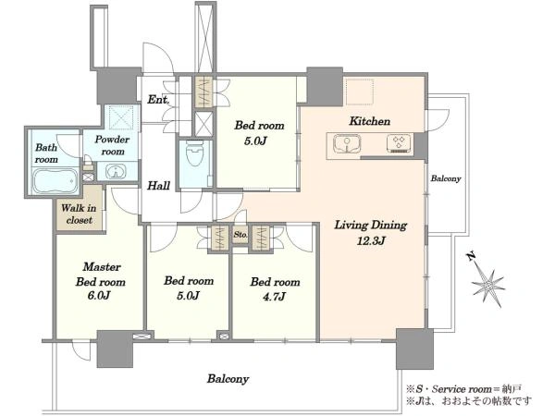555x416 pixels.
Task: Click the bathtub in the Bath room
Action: pyautogui.click(x=55, y=180)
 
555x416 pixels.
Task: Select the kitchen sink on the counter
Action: pyautogui.click(x=347, y=144)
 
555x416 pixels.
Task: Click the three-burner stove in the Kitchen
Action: pyautogui.click(x=400, y=143)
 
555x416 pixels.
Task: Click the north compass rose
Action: pyautogui.click(x=488, y=285)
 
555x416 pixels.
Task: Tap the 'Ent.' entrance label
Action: pyautogui.click(x=158, y=100)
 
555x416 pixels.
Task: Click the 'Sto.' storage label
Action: pyautogui.click(x=240, y=235)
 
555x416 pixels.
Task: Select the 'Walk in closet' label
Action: pyautogui.click(x=79, y=214)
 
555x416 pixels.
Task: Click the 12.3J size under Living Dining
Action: pyautogui.click(x=371, y=241)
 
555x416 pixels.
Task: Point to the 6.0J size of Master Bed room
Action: pyautogui.click(x=101, y=296)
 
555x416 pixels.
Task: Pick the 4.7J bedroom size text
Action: pyautogui.click(x=275, y=296)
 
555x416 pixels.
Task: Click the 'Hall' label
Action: pyautogui.click(x=158, y=186)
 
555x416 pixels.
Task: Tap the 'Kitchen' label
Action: pyautogui.click(x=370, y=121)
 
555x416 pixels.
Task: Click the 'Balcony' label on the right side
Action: pyautogui.click(x=446, y=178)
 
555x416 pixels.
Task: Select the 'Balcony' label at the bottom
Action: pyautogui.click(x=228, y=379)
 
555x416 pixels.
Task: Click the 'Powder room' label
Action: pyautogui.click(x=112, y=145)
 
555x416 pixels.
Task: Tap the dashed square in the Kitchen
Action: pyautogui.click(x=360, y=92)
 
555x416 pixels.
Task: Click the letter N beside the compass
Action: pyautogui.click(x=471, y=256)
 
